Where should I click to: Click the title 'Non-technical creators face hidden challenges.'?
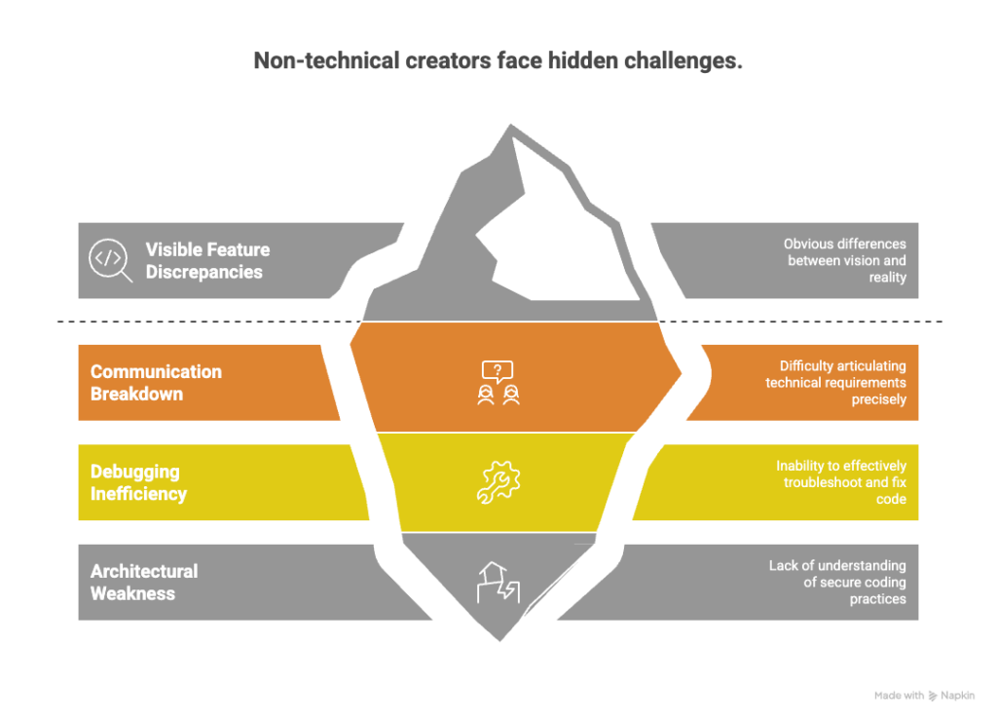498,60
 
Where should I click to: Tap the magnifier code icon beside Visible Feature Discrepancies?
109,259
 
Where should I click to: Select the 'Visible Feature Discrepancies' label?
207,260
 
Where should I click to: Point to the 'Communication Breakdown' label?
156,383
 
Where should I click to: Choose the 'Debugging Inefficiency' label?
138,483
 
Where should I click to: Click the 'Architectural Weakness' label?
144,583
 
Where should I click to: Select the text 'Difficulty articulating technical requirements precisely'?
835,383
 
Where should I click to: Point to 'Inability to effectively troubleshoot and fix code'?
840,482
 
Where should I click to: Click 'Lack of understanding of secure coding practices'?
837,583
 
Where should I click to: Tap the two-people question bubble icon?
498,383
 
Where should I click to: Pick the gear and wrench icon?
498,482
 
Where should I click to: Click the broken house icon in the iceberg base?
498,583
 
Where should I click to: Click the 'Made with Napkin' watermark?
924,696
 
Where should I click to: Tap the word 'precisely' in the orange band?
879,399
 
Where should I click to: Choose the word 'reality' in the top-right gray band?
888,278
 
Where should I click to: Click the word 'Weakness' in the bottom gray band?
132,593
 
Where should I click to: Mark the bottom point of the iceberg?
499,641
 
